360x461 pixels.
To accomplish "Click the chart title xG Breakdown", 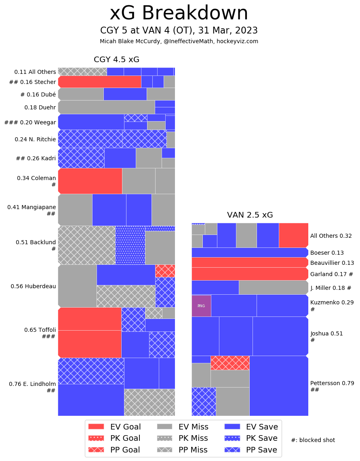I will (179, 13).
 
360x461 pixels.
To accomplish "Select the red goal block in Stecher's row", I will (100, 82).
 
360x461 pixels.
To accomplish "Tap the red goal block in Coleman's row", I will (90, 181).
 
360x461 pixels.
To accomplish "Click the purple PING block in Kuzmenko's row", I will (201, 306).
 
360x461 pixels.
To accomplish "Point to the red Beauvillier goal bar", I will (249, 262).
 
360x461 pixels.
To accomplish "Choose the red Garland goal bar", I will (249, 274).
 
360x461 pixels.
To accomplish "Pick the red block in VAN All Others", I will (293, 235).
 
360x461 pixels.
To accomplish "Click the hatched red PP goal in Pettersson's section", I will (230, 363).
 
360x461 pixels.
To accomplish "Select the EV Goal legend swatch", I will (96, 427).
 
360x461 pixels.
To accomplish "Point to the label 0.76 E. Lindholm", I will (32, 384).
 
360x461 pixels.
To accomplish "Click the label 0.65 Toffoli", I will (40, 330).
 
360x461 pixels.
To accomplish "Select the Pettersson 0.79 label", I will (332, 383).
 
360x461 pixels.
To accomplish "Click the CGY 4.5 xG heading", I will (116, 60).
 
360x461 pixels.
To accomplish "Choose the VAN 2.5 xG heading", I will (250, 215).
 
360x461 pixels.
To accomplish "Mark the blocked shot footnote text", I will (313, 440).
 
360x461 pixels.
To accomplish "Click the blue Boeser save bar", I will (249, 252).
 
